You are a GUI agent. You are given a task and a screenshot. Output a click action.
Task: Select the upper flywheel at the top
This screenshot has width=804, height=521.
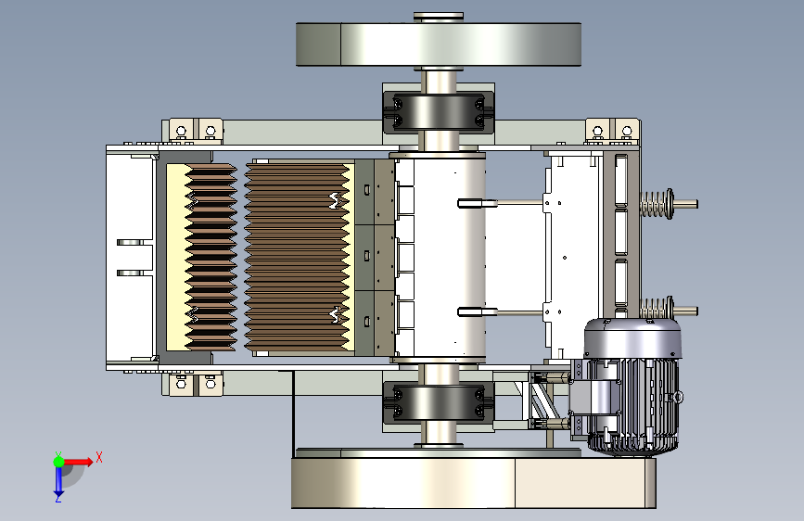(x=439, y=44)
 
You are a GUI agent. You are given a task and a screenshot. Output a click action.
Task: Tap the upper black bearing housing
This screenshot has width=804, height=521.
(x=439, y=111)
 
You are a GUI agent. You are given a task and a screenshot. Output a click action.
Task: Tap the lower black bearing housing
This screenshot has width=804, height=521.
(x=439, y=401)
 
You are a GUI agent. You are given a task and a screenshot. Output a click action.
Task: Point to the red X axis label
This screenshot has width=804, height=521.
(x=99, y=457)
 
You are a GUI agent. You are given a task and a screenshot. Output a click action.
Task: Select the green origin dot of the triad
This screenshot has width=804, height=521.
(x=58, y=462)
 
